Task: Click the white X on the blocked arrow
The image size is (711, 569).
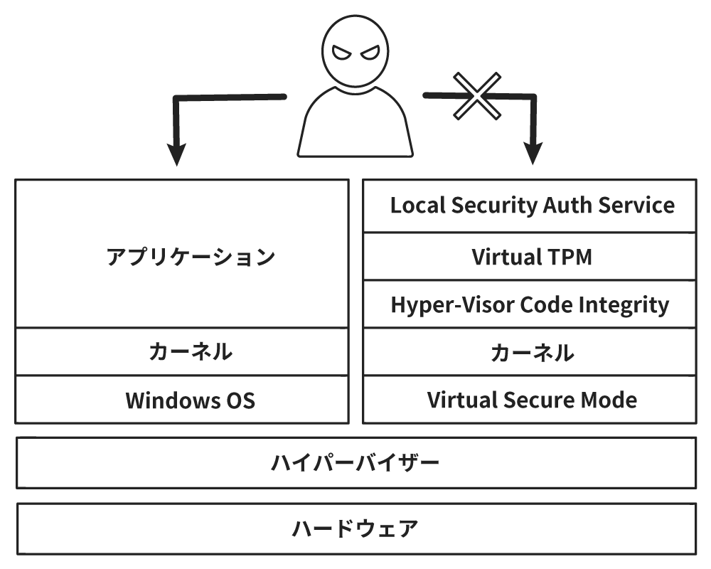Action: [477, 96]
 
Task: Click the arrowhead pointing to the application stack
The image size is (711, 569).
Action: [176, 154]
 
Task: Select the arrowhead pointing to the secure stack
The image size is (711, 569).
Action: [533, 154]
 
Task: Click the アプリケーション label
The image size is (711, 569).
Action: [191, 257]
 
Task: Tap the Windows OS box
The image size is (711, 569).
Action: [182, 400]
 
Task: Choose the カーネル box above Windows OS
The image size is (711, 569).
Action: [182, 351]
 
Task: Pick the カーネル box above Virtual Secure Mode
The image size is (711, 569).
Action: [530, 351]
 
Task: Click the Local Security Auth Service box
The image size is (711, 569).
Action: [530, 206]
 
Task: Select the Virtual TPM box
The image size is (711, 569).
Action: [530, 257]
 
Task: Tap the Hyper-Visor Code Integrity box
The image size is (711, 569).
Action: [530, 304]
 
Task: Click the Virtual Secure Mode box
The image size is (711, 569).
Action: [530, 400]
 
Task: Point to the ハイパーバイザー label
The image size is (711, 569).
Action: [355, 463]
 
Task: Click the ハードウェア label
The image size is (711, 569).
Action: [355, 529]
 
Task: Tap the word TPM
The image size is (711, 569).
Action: [566, 257]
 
